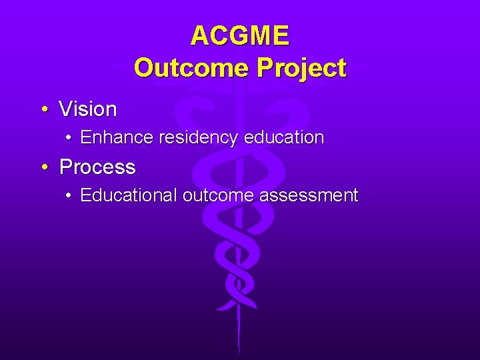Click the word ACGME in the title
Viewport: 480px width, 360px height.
coord(240,35)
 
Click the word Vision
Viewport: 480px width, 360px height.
coord(88,109)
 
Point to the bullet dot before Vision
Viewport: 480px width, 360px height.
coord(43,109)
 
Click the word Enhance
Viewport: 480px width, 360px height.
coord(117,138)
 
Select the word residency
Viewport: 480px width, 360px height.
coord(199,138)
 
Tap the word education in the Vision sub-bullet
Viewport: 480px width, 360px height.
coord(284,138)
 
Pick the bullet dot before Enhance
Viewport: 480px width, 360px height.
coord(69,138)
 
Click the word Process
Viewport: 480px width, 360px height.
coord(97,167)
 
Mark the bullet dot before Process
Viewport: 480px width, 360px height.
coord(43,167)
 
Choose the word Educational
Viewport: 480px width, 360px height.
coord(129,195)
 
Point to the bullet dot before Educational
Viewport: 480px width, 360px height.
coord(69,195)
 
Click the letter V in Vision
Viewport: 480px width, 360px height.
coord(65,109)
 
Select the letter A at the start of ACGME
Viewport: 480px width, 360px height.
coord(199,35)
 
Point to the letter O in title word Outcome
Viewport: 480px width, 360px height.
coord(144,67)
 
